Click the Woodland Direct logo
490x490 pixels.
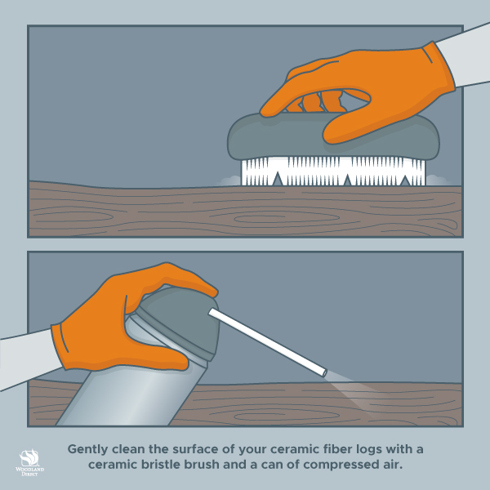(29, 462)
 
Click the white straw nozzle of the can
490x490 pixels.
(268, 342)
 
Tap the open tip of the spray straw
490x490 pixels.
(324, 373)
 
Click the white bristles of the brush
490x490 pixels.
(333, 171)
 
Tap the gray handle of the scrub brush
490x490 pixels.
(333, 136)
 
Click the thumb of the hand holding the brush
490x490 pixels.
(347, 125)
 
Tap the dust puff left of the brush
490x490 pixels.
(230, 180)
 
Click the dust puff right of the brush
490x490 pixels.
(438, 180)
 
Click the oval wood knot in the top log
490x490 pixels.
(287, 218)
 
